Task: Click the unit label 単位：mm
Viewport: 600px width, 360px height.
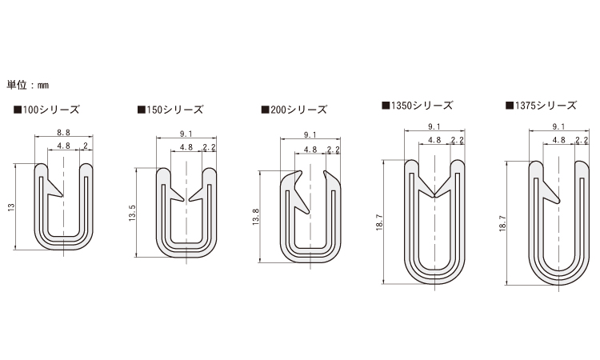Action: pyautogui.click(x=28, y=85)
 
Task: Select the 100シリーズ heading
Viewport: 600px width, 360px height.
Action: pyautogui.click(x=50, y=109)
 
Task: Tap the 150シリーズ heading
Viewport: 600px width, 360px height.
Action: pyautogui.click(x=170, y=110)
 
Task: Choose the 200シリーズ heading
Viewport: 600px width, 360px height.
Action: pyautogui.click(x=294, y=110)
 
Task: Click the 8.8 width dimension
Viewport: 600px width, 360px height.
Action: pyautogui.click(x=62, y=132)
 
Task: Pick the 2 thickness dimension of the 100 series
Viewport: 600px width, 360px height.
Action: pyautogui.click(x=86, y=146)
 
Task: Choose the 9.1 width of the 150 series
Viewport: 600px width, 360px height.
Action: pyautogui.click(x=186, y=133)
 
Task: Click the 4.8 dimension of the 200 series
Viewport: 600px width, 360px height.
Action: pyautogui.click(x=310, y=149)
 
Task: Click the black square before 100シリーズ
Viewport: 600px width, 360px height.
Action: pyautogui.click(x=16, y=110)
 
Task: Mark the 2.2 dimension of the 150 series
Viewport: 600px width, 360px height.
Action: pyautogui.click(x=210, y=147)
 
